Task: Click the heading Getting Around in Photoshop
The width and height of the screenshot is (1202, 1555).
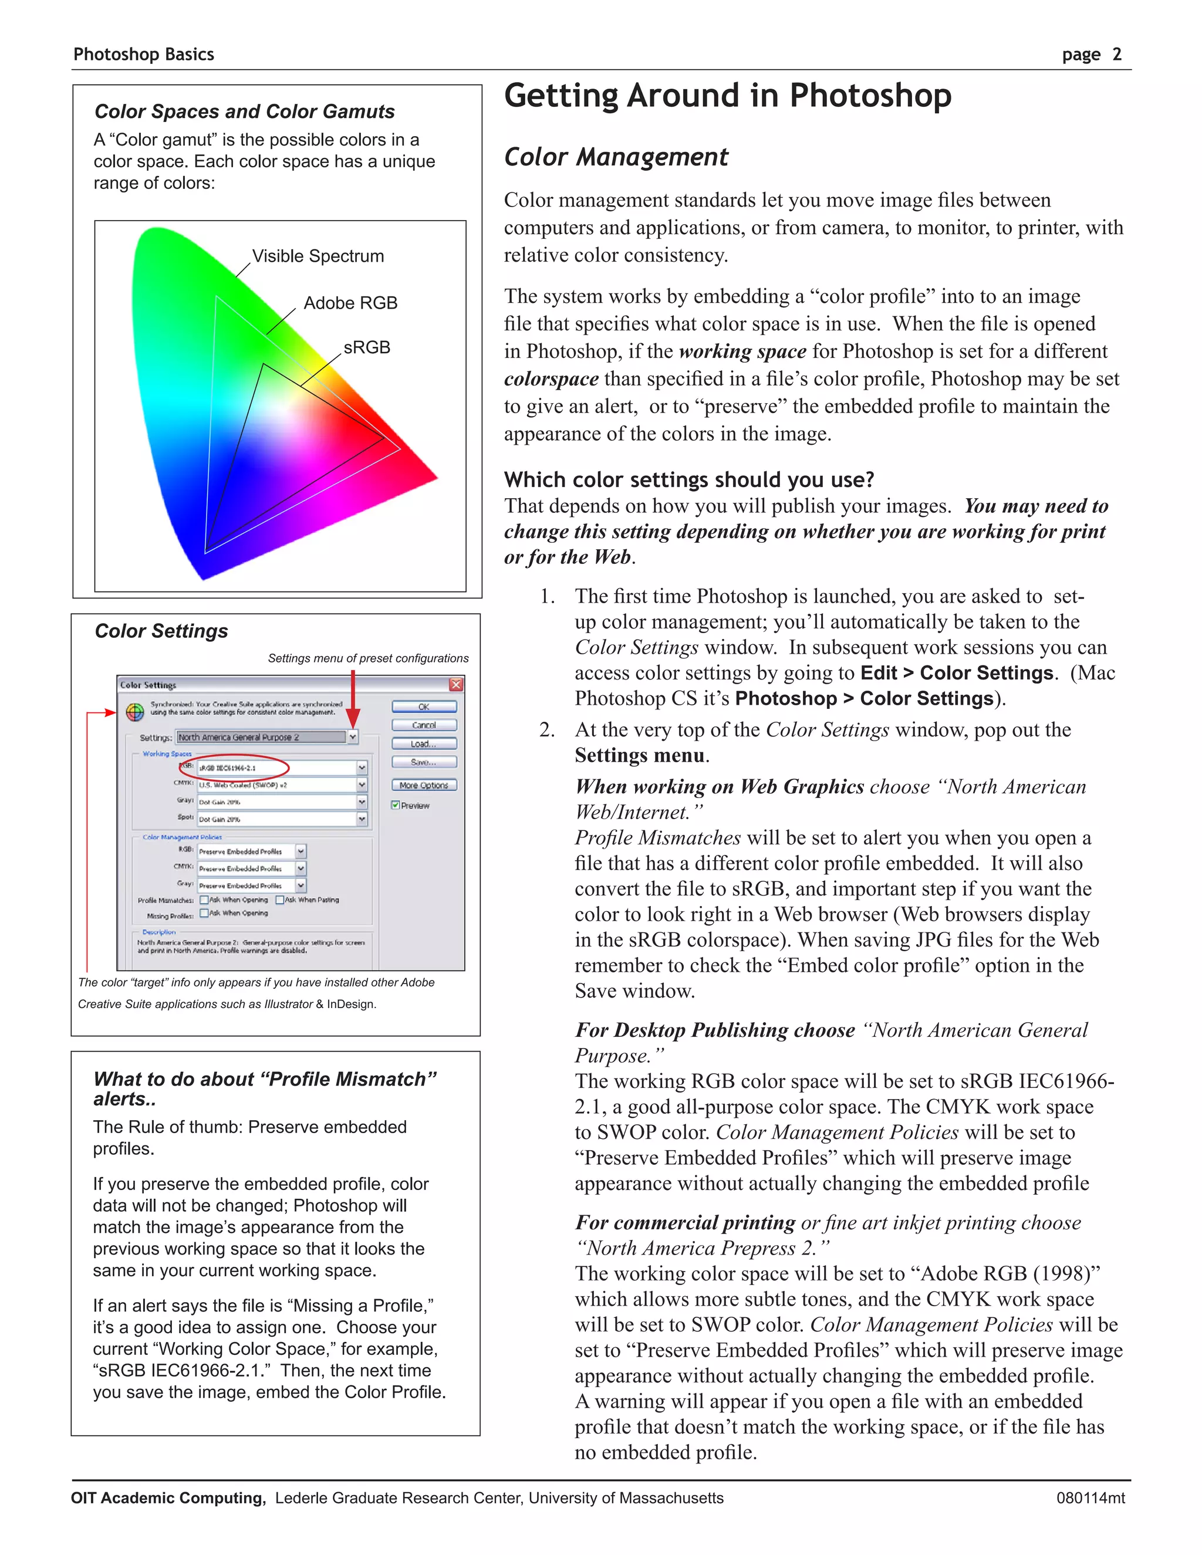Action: [x=727, y=96]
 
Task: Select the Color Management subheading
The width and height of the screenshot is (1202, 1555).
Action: [x=615, y=157]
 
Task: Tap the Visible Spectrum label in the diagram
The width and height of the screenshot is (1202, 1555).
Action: [x=318, y=256]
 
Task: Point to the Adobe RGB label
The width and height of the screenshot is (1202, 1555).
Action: [x=350, y=303]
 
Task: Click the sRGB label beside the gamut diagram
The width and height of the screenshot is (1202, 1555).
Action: [x=367, y=347]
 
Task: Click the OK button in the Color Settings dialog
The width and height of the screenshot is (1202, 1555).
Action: [x=424, y=707]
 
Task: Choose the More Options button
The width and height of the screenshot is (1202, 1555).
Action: [x=424, y=785]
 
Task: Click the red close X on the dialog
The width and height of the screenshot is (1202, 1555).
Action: [x=455, y=685]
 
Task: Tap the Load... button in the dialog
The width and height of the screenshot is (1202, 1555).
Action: [x=424, y=744]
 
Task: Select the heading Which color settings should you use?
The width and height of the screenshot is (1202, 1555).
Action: [x=688, y=480]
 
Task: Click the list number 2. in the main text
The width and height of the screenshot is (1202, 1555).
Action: [x=546, y=730]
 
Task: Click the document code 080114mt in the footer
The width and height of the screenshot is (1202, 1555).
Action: [x=1090, y=1498]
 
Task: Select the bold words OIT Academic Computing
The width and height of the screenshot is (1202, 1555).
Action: [x=168, y=1498]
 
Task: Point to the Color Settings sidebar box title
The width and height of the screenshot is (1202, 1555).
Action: [x=161, y=631]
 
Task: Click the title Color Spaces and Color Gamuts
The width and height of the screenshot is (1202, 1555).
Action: [x=244, y=111]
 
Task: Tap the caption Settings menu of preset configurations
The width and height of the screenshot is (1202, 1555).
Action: [x=368, y=658]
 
